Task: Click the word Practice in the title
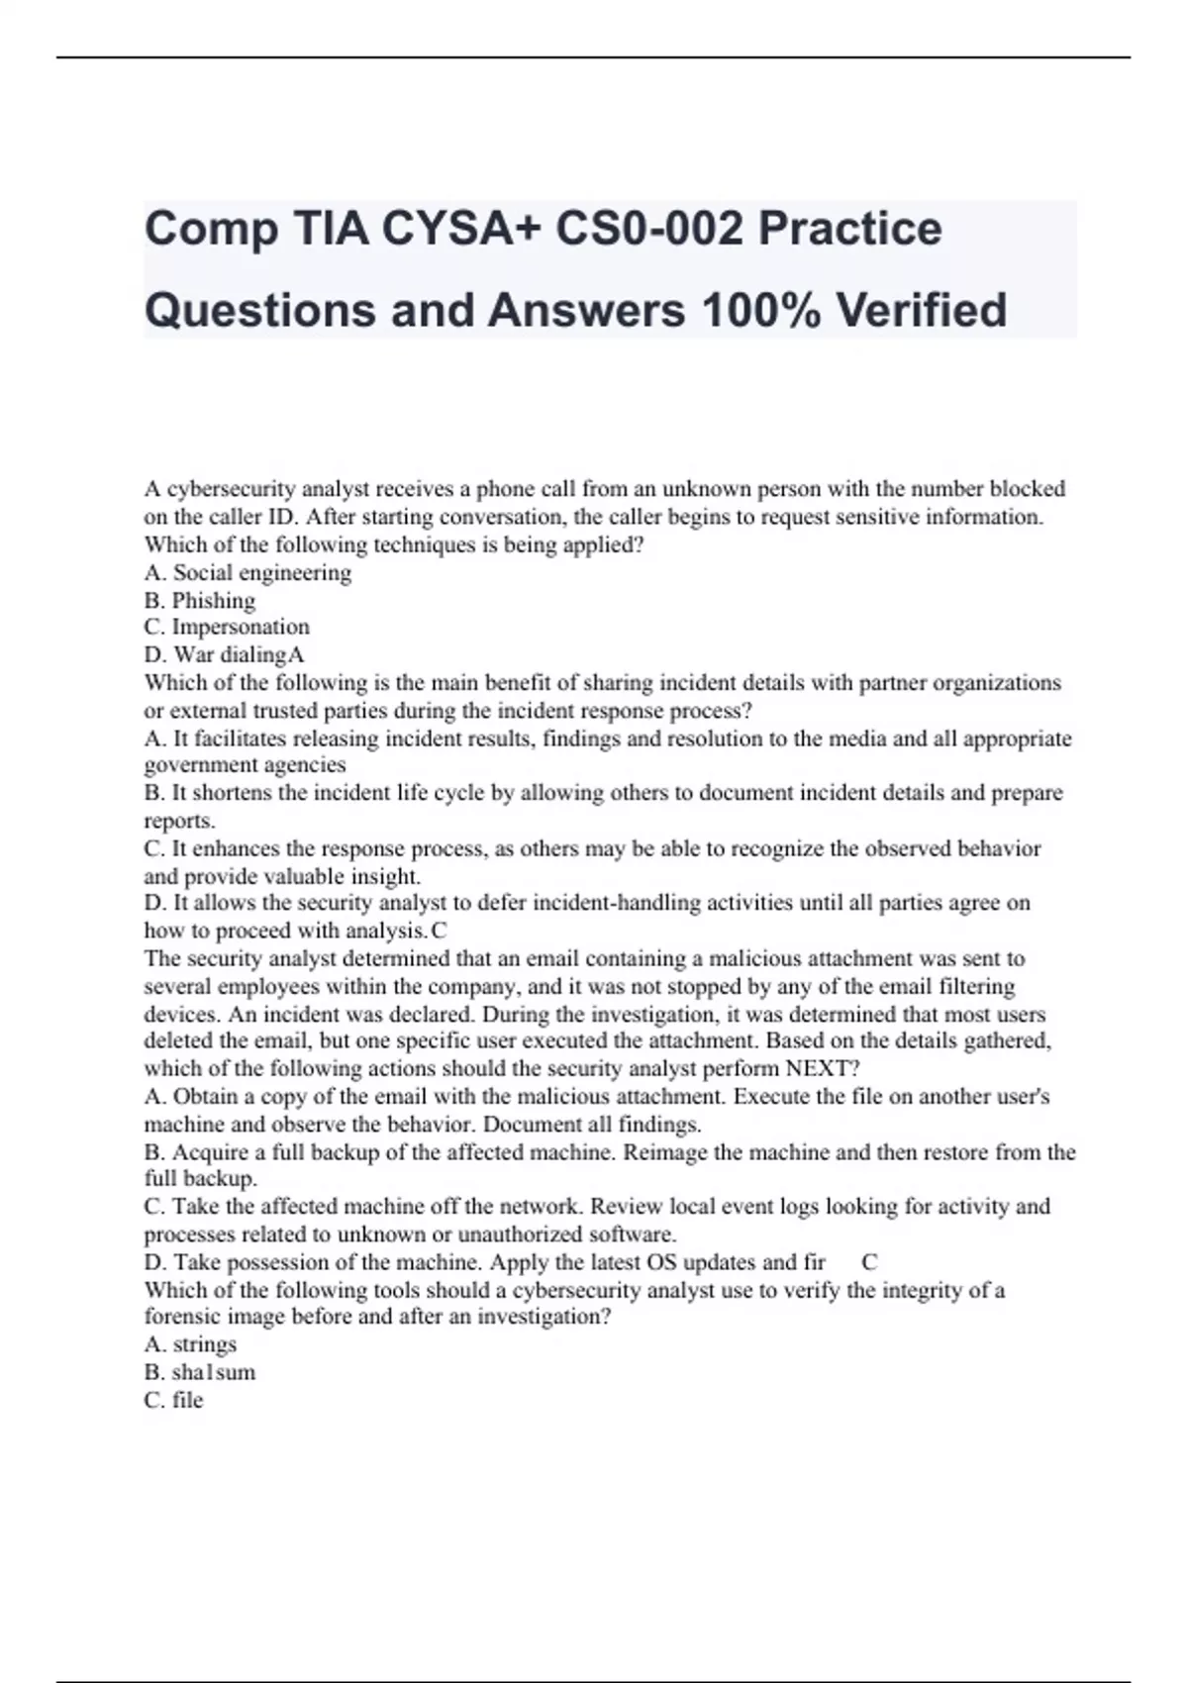tap(849, 230)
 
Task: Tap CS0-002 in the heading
tap(647, 230)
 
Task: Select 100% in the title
tap(760, 310)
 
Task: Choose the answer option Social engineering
tap(261, 572)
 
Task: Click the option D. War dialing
tap(217, 654)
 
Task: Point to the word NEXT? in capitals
tap(823, 1068)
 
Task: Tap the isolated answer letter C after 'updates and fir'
tap(869, 1262)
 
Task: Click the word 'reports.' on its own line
tap(179, 821)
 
